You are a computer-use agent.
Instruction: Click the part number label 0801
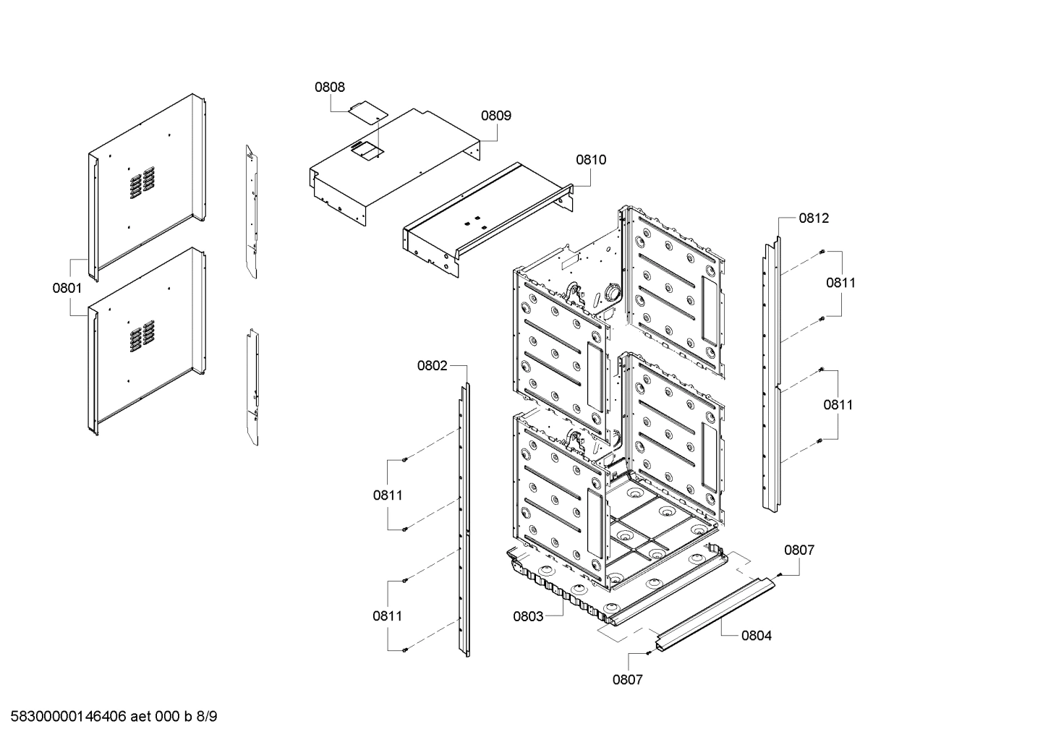click(x=67, y=288)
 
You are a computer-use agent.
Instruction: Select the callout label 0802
click(x=432, y=366)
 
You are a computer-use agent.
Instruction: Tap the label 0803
click(x=528, y=616)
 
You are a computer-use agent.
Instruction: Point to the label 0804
click(x=757, y=636)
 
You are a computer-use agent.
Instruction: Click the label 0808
click(x=329, y=88)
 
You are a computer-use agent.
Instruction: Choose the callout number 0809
click(x=496, y=116)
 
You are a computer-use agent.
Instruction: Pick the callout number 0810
click(x=591, y=160)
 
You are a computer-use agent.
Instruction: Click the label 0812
click(x=814, y=218)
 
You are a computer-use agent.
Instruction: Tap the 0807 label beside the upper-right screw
click(x=799, y=550)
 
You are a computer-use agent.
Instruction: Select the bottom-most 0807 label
click(x=627, y=679)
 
